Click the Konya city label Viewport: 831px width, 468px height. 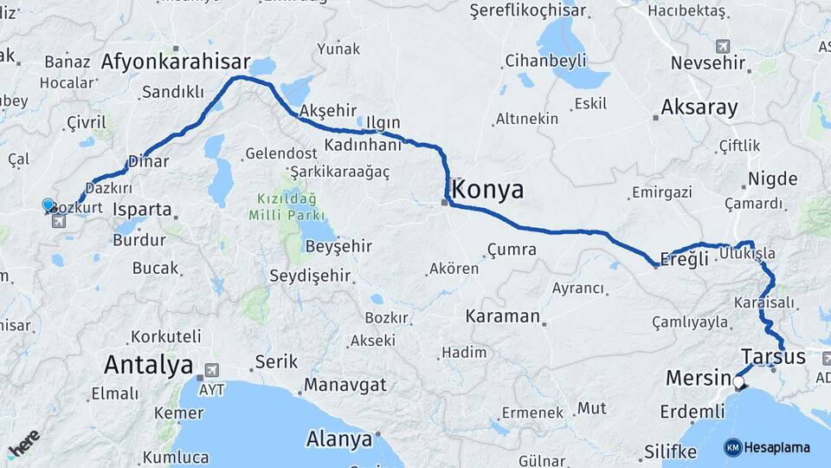click(x=488, y=190)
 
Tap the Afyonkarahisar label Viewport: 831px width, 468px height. click(x=176, y=62)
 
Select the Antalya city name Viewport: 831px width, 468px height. click(x=148, y=364)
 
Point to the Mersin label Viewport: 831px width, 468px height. click(x=698, y=379)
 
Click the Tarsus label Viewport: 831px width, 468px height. click(x=773, y=356)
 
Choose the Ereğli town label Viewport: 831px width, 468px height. click(x=684, y=258)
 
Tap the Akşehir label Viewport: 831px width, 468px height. click(x=327, y=111)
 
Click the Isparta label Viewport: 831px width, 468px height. click(x=142, y=209)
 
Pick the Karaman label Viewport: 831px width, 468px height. click(x=502, y=316)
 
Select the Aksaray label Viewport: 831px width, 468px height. click(x=699, y=107)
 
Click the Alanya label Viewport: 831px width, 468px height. click(x=339, y=439)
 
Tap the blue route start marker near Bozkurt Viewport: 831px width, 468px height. click(x=48, y=205)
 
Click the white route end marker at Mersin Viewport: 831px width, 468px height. click(x=738, y=380)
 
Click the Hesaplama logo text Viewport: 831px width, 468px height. click(x=776, y=447)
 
